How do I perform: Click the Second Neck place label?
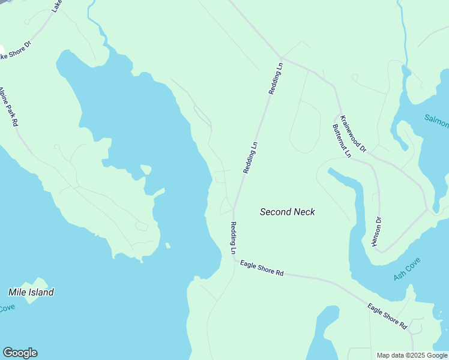tap(287, 212)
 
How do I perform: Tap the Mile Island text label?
tap(31, 292)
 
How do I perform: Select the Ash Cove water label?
tap(407, 269)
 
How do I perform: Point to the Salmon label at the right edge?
tap(436, 121)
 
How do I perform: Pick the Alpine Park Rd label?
tap(9, 106)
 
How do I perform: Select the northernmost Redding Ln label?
tap(276, 79)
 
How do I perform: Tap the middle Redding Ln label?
tap(250, 158)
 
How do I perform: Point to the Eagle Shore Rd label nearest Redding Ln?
tap(262, 268)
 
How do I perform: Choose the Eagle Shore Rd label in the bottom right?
tap(388, 316)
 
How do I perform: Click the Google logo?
tap(20, 353)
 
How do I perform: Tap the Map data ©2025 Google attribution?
tap(411, 355)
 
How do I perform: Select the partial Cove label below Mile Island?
tap(7, 308)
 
